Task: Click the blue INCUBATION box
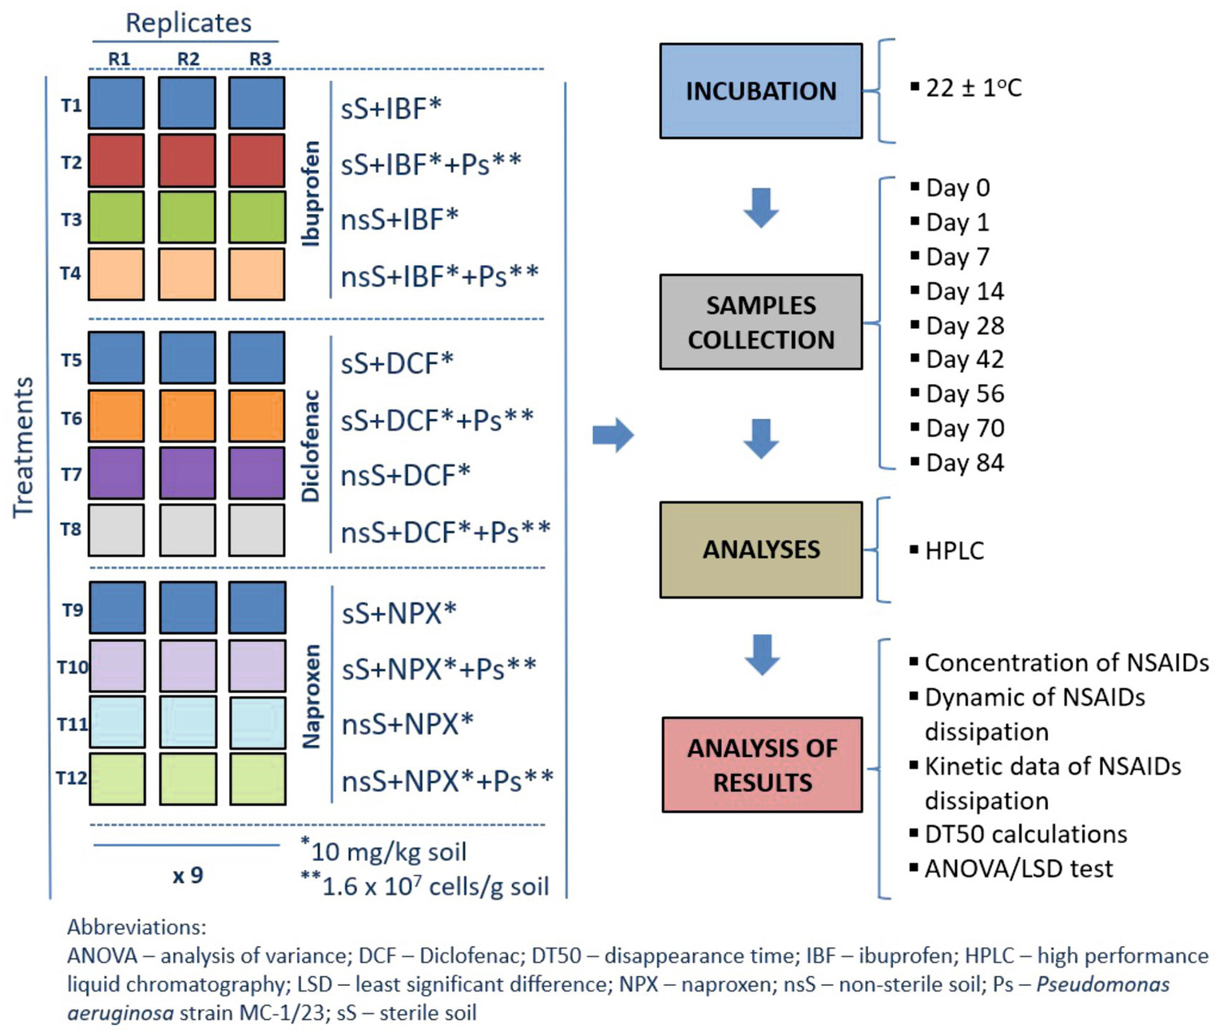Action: [x=760, y=91]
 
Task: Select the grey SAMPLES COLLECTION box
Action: [x=760, y=322]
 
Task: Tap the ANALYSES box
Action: [x=760, y=549]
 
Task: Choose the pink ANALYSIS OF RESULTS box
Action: [x=762, y=765]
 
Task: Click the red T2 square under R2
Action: [x=187, y=160]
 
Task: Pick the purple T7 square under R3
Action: [x=256, y=473]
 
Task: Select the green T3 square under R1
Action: [x=117, y=217]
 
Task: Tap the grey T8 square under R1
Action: [x=117, y=529]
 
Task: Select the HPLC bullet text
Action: [x=954, y=550]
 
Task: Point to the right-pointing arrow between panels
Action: [x=613, y=435]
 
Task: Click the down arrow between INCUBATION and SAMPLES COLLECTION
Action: [x=760, y=208]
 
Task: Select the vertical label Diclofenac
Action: [x=311, y=445]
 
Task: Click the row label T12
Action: [x=71, y=777]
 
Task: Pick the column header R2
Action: [x=188, y=59]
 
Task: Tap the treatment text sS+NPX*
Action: [x=399, y=613]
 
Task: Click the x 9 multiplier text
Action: [x=188, y=876]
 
